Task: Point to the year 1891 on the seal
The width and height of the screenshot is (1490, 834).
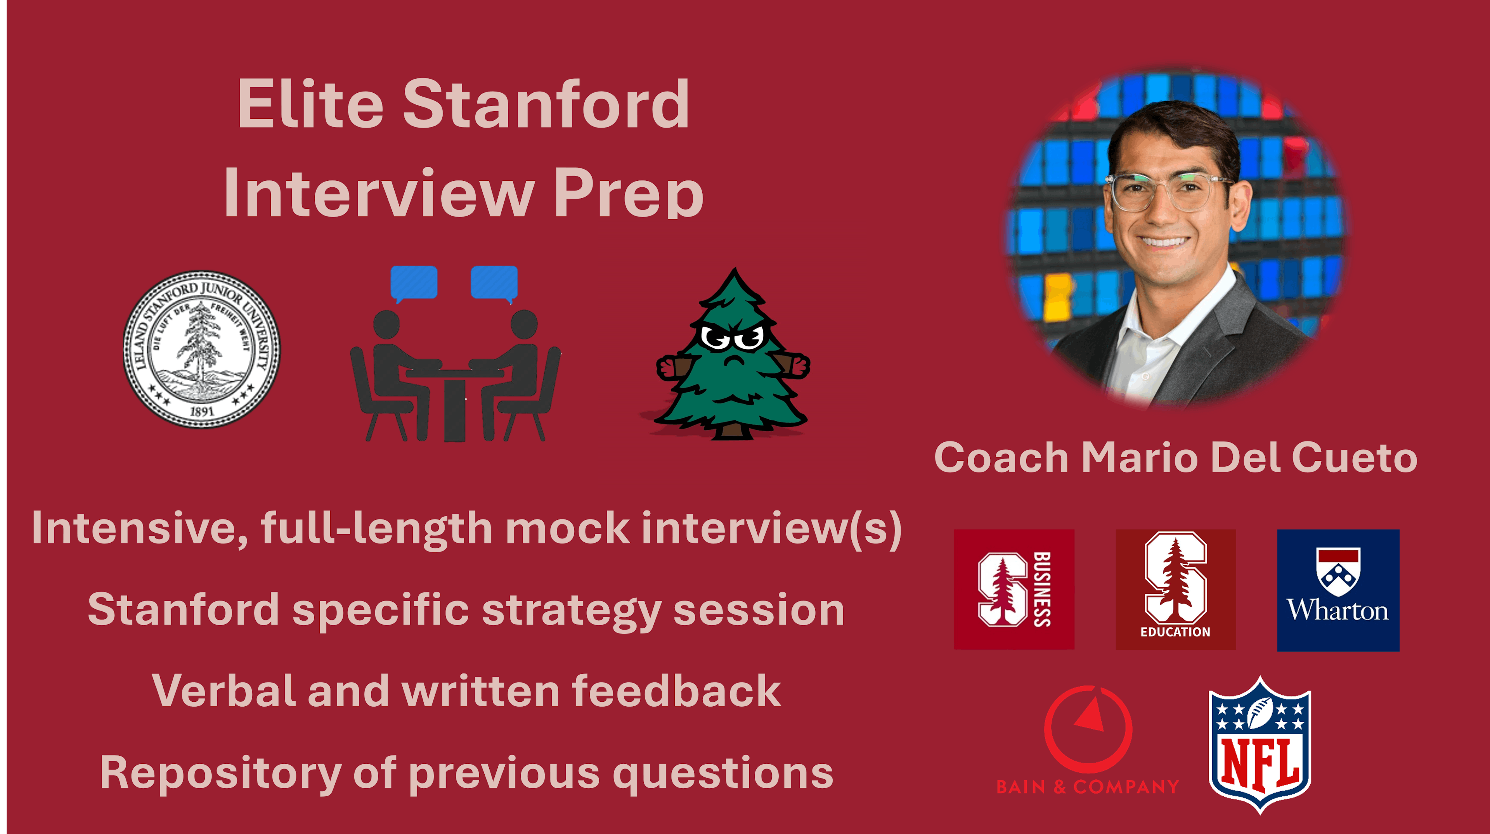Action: coord(201,411)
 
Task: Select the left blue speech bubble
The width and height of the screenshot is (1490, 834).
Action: coord(414,284)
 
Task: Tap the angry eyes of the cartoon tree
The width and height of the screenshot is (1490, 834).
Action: coord(733,337)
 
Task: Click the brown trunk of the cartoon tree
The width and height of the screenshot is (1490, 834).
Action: coord(733,430)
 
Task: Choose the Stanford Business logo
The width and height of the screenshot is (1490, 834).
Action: coord(1014,589)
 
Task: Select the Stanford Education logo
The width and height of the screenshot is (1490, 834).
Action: coord(1175,589)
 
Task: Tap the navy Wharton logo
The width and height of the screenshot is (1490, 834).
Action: coord(1338,590)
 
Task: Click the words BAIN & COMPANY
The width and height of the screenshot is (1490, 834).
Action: coord(1087,787)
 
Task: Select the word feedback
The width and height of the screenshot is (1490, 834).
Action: coord(677,691)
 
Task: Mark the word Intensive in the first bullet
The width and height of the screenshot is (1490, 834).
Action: coord(139,528)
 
